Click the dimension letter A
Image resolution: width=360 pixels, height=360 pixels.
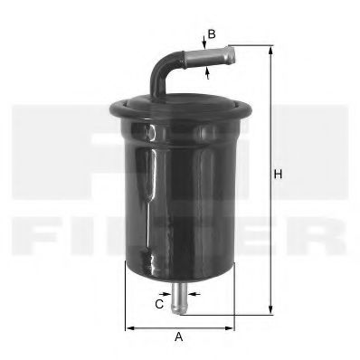(x=179, y=337)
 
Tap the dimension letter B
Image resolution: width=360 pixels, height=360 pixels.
(x=211, y=34)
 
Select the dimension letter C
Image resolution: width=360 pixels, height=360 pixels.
(x=158, y=305)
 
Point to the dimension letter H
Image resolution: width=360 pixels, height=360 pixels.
(x=279, y=174)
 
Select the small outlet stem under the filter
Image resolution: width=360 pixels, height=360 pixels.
(x=182, y=298)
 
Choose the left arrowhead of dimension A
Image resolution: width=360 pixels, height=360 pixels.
(x=128, y=326)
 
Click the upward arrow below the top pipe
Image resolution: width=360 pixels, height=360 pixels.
(x=207, y=71)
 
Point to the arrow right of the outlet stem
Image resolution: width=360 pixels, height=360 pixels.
(x=194, y=294)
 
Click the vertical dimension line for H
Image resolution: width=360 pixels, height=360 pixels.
(x=270, y=181)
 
